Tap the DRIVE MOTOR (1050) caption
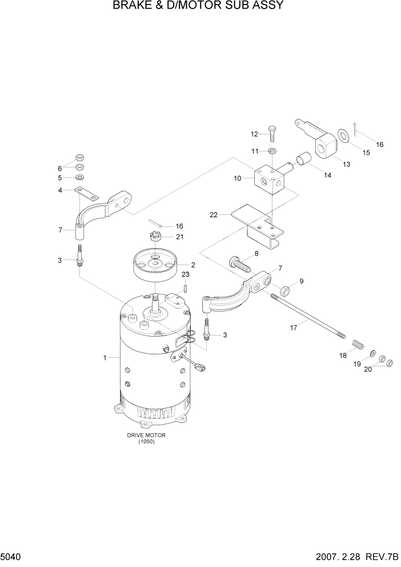pos(146,438)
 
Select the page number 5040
pos(12,557)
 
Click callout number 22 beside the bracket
pos(214,214)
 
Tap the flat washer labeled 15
pos(344,135)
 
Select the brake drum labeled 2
pos(155,266)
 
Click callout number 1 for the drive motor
pos(105,358)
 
